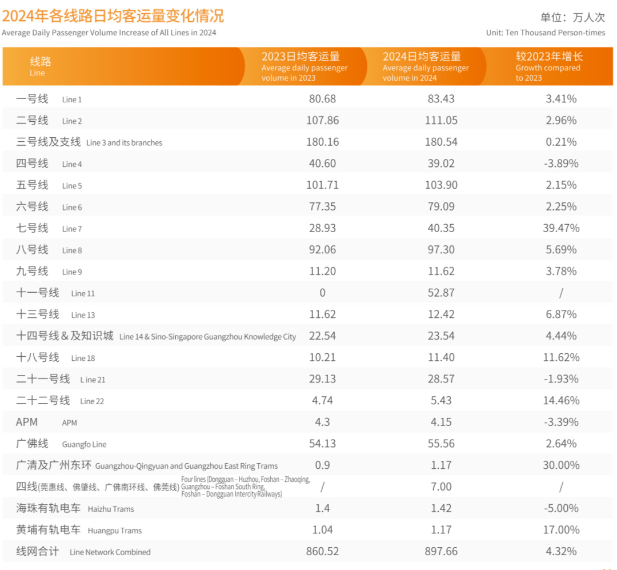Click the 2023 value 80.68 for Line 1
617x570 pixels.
pos(322,99)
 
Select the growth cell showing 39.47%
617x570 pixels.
pos(561,228)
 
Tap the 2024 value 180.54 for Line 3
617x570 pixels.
pos(441,142)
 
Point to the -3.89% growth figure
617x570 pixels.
pos(561,164)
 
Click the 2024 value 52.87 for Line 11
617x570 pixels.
pos(441,293)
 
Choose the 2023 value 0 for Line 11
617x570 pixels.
pos(322,293)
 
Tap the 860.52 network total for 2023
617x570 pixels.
pos(322,552)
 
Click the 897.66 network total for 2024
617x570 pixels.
pos(441,552)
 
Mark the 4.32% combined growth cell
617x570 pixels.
pos(561,552)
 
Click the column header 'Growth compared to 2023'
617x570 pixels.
pos(548,66)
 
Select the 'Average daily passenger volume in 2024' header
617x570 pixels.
pos(425,66)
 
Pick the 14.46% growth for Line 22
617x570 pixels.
pos(561,401)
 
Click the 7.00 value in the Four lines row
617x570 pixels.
pos(441,487)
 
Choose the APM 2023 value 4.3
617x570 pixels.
pos(322,422)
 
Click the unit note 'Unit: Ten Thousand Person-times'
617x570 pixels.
pos(545,33)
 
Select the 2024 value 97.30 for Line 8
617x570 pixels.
pos(441,250)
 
